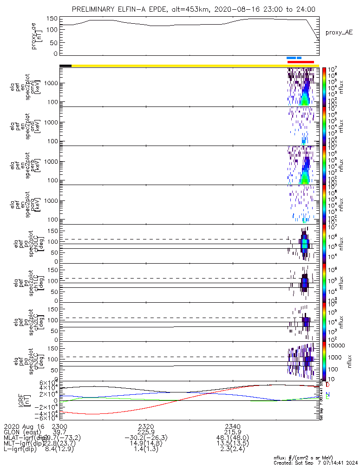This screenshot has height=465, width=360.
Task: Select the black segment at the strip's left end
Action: [x=65, y=66]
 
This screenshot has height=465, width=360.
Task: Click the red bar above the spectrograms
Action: [x=301, y=62]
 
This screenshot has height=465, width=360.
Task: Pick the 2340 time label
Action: [x=233, y=426]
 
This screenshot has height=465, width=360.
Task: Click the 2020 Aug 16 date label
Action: [x=23, y=426]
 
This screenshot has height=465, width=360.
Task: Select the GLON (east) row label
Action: [x=23, y=432]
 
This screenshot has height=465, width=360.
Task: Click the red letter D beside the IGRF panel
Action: [x=327, y=385]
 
